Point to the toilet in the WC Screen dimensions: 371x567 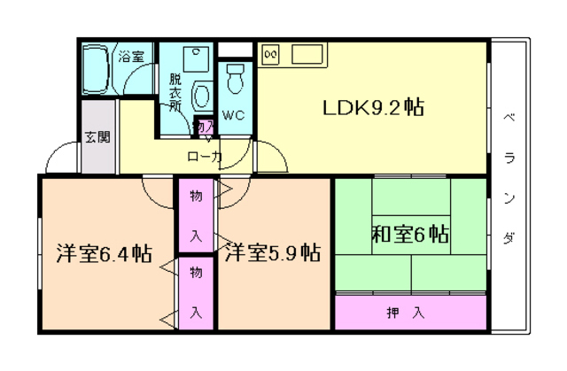click(234, 81)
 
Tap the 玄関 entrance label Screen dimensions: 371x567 click(97, 136)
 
